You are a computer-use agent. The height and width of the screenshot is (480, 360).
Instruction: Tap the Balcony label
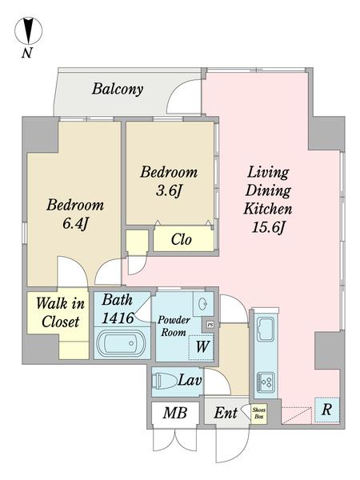pos(118,89)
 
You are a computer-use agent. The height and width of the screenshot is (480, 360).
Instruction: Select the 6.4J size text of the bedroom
pos(75,223)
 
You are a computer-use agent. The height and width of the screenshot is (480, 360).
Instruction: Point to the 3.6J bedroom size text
pos(169,191)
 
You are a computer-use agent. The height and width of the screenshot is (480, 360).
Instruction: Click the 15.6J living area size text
pos(268,227)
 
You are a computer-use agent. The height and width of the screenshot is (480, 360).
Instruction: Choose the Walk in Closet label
pos(60,313)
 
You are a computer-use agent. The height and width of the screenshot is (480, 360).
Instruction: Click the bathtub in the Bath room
pos(122,343)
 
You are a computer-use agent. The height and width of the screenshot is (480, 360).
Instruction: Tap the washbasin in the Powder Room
pos(202,304)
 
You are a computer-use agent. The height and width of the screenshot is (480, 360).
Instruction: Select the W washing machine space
pos(201,347)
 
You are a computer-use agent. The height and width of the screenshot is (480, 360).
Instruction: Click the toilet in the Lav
pos(166,381)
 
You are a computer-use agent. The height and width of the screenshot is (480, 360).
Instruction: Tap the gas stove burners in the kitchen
pos(266,382)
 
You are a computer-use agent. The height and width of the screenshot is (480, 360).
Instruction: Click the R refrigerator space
pos(327,410)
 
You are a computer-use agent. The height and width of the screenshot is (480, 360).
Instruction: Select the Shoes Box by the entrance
pos(258,414)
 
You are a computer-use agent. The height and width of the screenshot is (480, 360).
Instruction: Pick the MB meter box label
pos(175,413)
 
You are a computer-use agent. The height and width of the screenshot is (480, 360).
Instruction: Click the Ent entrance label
pos(226,413)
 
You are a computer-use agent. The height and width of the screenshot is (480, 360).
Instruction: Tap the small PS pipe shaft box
pos(210,325)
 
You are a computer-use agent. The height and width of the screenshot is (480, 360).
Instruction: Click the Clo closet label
pos(182,239)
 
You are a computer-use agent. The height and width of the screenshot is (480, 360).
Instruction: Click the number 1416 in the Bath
pos(118,318)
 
